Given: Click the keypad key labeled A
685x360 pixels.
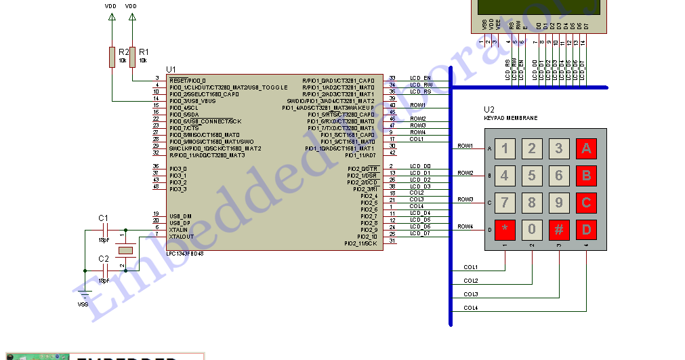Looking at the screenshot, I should [x=586, y=148].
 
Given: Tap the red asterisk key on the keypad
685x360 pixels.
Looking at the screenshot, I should [x=505, y=229].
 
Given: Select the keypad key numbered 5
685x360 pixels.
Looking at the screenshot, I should [x=532, y=176].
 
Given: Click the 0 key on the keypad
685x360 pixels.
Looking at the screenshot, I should [x=532, y=229].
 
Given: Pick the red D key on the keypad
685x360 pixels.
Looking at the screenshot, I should [x=586, y=229].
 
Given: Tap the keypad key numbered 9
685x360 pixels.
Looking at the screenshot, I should [x=559, y=202].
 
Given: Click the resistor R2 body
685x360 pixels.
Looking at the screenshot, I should [x=112, y=57].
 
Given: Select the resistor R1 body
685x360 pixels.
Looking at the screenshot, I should [x=132, y=57].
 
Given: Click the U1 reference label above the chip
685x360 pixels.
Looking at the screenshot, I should [x=171, y=69].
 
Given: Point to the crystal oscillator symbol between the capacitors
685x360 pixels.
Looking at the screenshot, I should [x=125, y=251].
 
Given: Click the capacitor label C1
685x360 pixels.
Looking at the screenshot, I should [x=103, y=218].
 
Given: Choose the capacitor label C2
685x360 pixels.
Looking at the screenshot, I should [x=103, y=259].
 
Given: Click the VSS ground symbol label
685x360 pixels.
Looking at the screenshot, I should [x=83, y=304].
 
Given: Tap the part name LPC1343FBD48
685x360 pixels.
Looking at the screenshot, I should [x=186, y=254].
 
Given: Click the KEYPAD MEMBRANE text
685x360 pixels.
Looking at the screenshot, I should [x=510, y=118].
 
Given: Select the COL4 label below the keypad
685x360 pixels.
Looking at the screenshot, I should [x=470, y=308].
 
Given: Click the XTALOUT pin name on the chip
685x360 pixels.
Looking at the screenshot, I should [x=181, y=237].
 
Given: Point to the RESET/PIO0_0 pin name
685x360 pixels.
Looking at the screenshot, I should [x=188, y=80].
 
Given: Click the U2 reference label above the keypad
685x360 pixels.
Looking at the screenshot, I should [x=489, y=109].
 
